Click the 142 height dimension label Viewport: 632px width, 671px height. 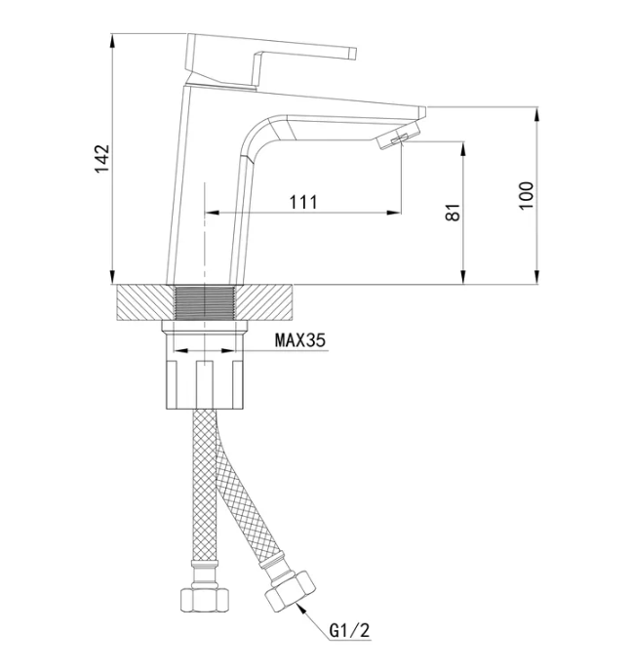[x=102, y=159]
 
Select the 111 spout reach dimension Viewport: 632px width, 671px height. [x=303, y=202]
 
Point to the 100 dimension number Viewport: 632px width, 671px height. [x=527, y=196]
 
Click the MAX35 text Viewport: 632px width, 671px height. [x=300, y=340]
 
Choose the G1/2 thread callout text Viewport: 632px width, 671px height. [x=349, y=630]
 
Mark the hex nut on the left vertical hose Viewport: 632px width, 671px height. [x=204, y=600]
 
